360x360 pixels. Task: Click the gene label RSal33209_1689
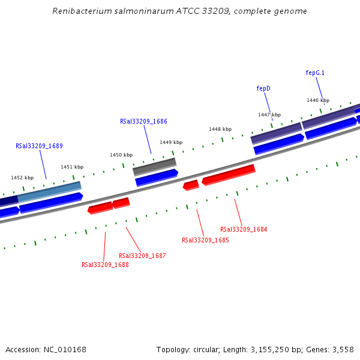(39, 146)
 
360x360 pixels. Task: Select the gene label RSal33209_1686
(143, 121)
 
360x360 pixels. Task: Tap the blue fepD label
(263, 88)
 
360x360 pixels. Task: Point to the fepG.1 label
(315, 73)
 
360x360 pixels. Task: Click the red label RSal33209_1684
(244, 229)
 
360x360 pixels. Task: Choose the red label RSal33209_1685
(205, 240)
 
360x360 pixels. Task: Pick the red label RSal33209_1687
(142, 256)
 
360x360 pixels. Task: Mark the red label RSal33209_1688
(105, 265)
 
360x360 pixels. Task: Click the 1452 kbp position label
(22, 178)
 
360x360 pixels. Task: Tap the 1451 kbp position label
(72, 167)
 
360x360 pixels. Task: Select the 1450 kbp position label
(121, 155)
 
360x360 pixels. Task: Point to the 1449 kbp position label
(171, 142)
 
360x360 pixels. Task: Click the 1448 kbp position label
(220, 129)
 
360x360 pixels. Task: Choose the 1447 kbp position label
(269, 115)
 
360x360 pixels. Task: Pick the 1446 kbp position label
(318, 100)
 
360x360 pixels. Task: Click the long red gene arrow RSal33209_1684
(229, 175)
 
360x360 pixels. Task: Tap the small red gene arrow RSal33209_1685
(191, 185)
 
